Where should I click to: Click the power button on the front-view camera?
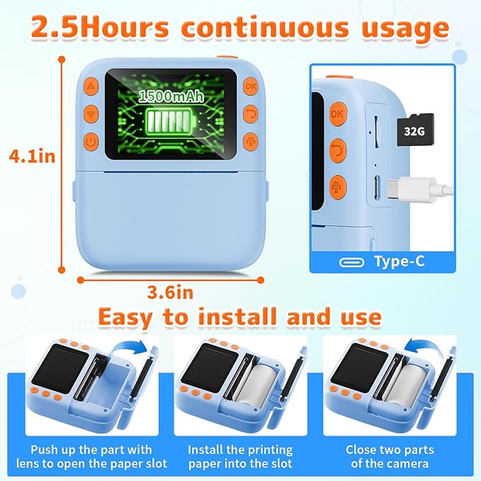tap(91, 141)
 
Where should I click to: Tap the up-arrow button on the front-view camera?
tap(91, 86)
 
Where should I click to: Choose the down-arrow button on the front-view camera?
tap(91, 113)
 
